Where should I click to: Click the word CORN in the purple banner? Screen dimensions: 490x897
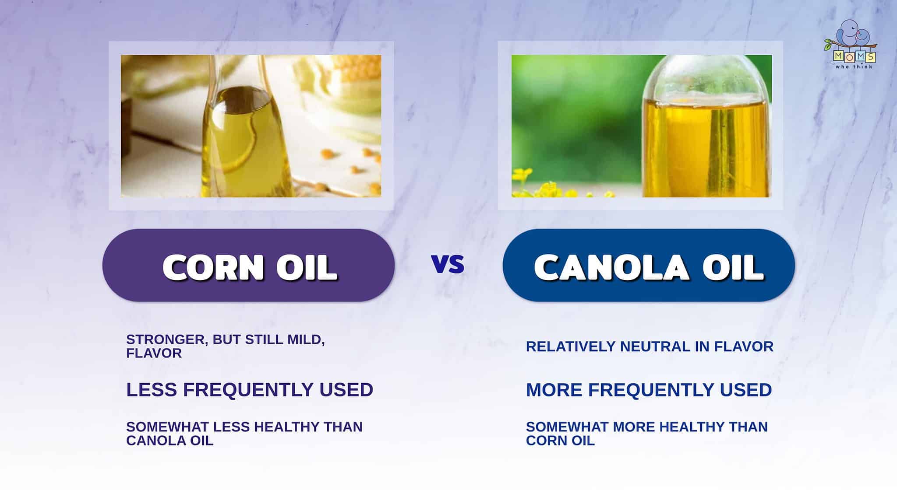point(214,267)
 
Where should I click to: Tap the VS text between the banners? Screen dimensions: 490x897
point(448,264)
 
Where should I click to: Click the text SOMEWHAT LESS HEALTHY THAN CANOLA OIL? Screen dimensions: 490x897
point(244,433)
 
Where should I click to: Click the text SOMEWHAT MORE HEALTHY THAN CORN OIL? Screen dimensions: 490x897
point(646,433)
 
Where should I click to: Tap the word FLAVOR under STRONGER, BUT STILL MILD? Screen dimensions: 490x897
point(154,353)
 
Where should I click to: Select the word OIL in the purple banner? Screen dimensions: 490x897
point(307,267)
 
